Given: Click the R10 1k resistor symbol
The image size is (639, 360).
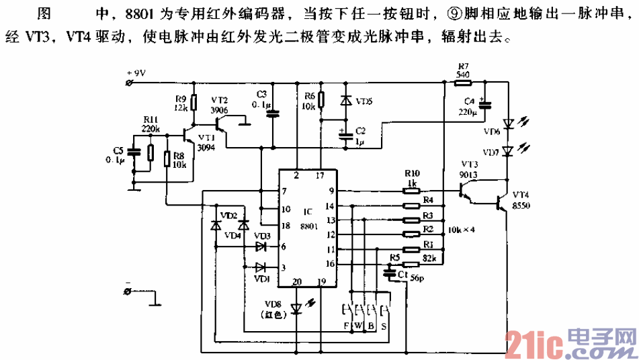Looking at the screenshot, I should (412, 190).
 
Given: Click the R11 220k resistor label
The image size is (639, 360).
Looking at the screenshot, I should (151, 124).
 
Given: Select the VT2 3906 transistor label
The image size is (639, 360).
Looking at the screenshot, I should (219, 104).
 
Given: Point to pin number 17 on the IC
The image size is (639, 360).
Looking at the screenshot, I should (319, 176).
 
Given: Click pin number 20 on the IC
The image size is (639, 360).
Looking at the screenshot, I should (296, 281).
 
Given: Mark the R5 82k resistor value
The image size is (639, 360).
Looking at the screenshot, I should (430, 258).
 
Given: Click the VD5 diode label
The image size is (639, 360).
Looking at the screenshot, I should (363, 101).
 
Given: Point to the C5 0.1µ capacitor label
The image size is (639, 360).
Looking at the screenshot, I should (118, 154).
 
